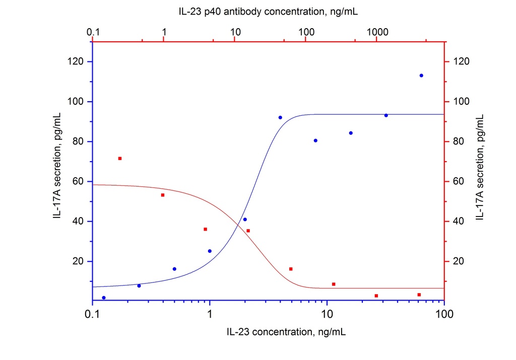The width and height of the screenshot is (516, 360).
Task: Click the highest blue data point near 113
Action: pos(421,76)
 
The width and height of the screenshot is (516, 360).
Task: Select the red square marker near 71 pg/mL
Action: pos(120,159)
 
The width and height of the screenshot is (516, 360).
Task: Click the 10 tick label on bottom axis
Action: pos(327,315)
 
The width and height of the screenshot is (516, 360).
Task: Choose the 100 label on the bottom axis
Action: pos(443,315)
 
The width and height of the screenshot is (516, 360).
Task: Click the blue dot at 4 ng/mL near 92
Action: pos(280,117)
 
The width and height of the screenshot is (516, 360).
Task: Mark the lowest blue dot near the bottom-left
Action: pos(104,298)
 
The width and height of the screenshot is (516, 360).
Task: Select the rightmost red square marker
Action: pos(419,295)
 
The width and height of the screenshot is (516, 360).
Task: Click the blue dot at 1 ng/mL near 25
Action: pos(210,251)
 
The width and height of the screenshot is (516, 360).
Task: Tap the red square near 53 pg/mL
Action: pos(163,195)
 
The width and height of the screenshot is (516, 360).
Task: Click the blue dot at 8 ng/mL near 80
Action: pos(315,140)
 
